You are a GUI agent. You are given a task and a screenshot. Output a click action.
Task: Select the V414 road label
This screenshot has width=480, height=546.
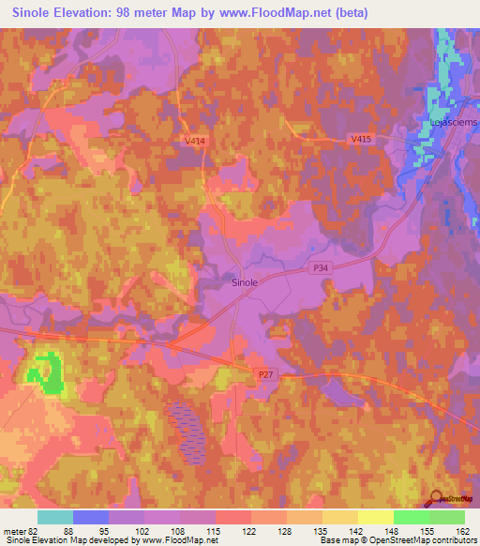[x=194, y=140]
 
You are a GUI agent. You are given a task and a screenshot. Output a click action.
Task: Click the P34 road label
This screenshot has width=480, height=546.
[x=321, y=267]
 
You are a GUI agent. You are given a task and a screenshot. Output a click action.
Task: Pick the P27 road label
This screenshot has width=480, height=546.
[x=266, y=373]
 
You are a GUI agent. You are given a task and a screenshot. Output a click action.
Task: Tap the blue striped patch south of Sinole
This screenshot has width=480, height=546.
[x=187, y=432]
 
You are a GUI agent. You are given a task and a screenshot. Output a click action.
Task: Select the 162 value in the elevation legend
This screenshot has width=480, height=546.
[x=461, y=531]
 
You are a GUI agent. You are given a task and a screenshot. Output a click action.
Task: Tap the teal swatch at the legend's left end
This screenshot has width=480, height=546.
[x=54, y=517]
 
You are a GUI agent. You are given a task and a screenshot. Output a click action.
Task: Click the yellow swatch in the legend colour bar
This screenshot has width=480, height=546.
[x=375, y=517]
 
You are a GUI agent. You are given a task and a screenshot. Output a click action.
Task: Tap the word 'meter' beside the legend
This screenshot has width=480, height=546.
[x=14, y=531]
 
